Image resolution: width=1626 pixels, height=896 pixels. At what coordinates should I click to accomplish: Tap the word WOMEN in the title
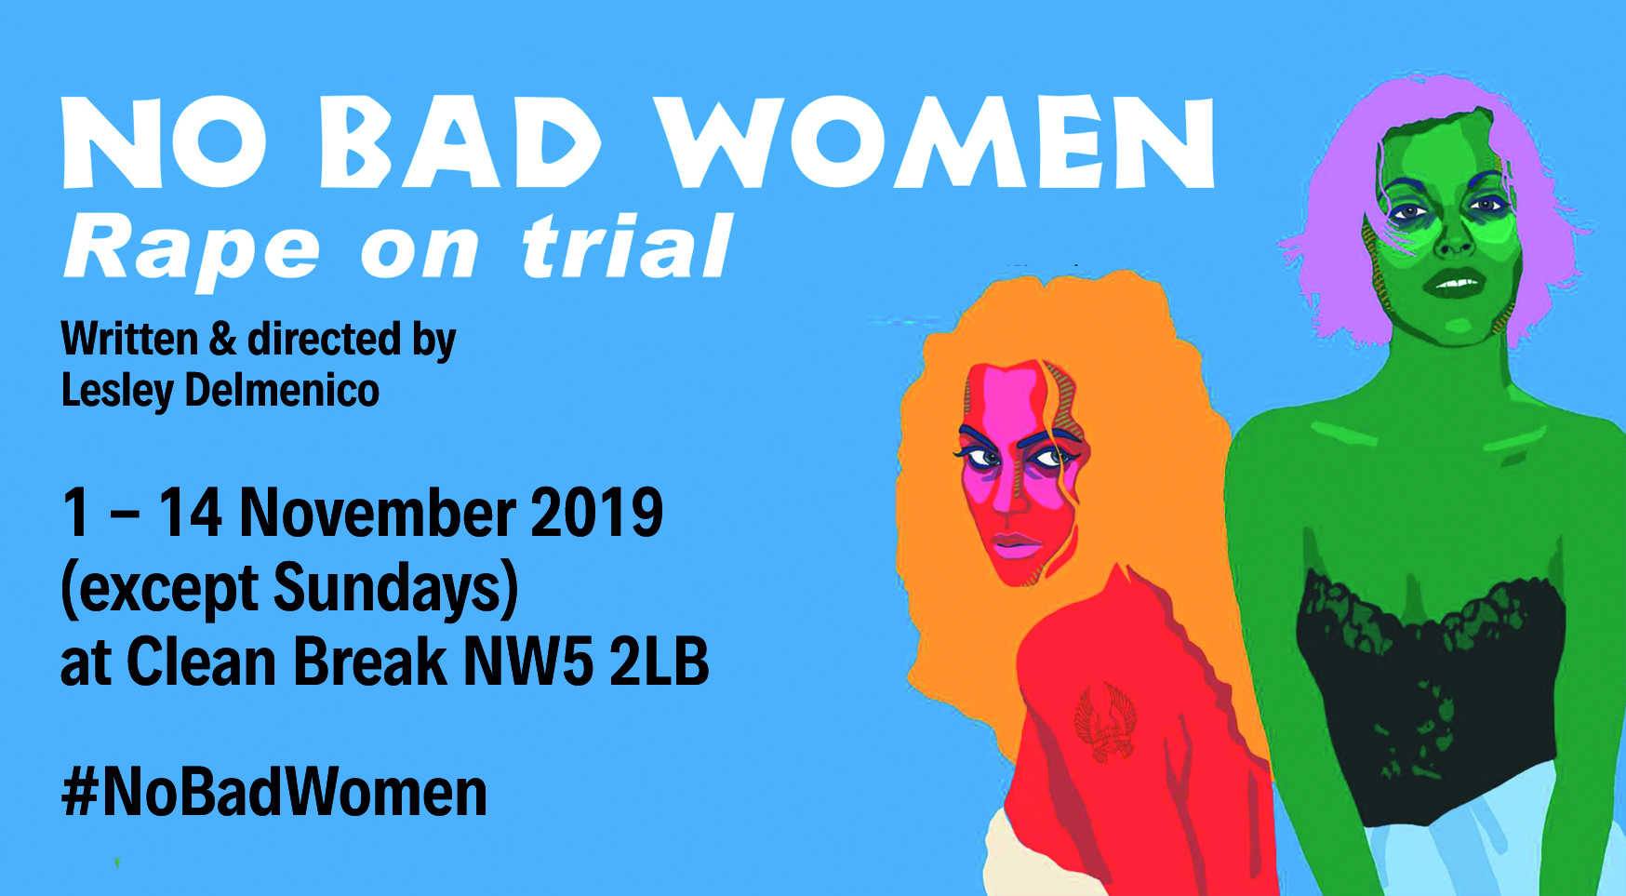pyautogui.click(x=934, y=141)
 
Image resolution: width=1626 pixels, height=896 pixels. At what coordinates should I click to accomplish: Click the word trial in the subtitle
pyautogui.click(x=628, y=246)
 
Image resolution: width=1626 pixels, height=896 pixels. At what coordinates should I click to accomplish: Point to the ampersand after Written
pyautogui.click(x=223, y=340)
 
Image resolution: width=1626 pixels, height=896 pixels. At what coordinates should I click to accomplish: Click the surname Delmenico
pyautogui.click(x=282, y=390)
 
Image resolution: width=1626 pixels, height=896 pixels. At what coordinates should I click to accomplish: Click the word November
pyautogui.click(x=376, y=513)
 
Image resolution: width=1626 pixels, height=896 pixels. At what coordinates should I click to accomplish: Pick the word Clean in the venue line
pyautogui.click(x=201, y=662)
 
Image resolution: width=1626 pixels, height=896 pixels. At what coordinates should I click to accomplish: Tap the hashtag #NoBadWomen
pyautogui.click(x=274, y=792)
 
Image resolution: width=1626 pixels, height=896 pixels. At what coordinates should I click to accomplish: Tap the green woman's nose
pyautogui.click(x=1455, y=240)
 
